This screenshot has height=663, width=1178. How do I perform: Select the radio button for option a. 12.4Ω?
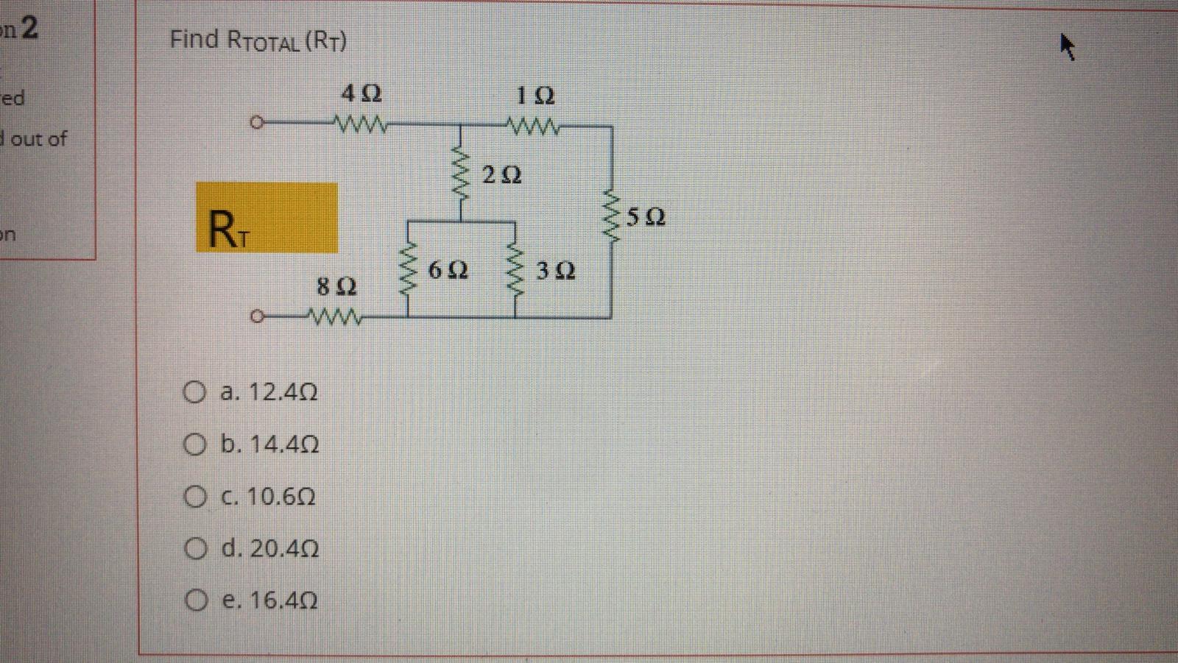194,391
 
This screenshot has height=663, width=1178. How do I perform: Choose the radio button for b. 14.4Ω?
194,444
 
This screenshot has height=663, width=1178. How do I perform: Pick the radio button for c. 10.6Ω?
194,497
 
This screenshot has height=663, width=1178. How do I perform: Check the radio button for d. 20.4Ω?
194,549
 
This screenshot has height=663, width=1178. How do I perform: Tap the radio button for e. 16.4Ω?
194,601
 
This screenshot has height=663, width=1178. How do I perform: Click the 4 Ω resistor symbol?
361,123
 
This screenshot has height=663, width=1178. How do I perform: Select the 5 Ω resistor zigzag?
612,218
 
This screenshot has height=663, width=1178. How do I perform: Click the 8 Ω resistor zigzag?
336,319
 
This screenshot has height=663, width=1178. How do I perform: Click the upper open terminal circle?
255,123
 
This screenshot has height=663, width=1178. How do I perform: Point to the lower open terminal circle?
255,318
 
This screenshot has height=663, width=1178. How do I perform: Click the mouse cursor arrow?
1067,48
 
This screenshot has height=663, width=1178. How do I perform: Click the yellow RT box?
267,218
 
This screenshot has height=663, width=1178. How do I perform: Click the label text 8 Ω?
336,287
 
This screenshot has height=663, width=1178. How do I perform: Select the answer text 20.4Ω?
284,549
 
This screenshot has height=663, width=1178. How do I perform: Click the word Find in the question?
194,38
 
